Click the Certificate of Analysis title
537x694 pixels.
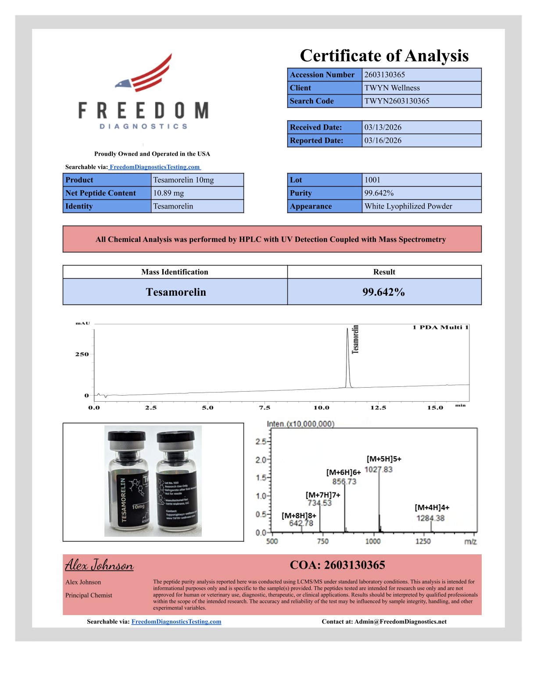click(384, 56)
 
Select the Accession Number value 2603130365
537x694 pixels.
click(384, 75)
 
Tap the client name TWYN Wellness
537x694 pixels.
click(392, 88)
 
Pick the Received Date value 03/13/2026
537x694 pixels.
click(383, 127)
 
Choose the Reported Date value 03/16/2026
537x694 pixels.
click(383, 141)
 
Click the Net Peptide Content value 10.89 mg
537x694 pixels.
click(168, 193)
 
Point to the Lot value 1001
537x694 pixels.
click(372, 180)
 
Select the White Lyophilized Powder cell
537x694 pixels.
click(408, 206)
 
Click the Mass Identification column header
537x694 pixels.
click(175, 272)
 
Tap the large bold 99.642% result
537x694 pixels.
click(383, 292)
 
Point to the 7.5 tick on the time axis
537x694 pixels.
click(265, 407)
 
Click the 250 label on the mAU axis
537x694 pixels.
click(82, 354)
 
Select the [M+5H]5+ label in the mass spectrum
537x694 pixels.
click(384, 459)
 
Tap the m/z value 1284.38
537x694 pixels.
click(430, 518)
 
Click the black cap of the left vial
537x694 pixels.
click(126, 438)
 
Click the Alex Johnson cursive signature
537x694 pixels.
click(99, 565)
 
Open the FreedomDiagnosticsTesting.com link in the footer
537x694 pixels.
click(176, 622)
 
